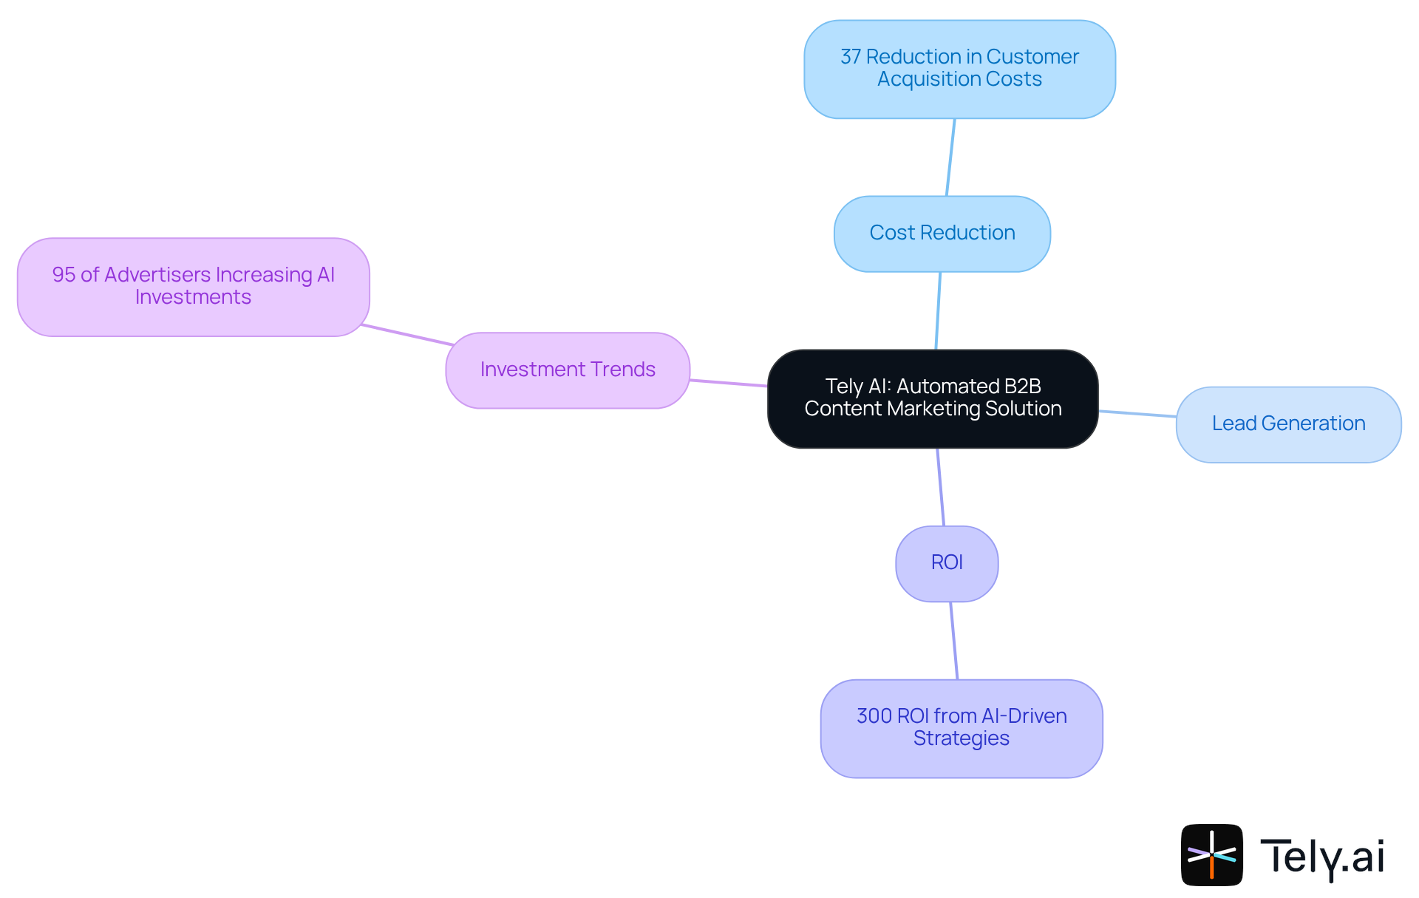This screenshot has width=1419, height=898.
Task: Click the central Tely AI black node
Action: coord(933,398)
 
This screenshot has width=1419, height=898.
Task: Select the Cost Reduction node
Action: coord(942,234)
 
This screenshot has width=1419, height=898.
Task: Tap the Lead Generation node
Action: coord(1288,424)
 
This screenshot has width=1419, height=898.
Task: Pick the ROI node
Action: coord(947,563)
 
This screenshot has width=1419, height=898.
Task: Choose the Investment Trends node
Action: coord(568,370)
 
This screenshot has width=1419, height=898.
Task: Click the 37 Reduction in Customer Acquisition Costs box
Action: coord(959,69)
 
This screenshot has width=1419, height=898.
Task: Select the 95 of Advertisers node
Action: coord(193,287)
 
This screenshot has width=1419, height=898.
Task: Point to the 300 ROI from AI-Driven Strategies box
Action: coord(961,728)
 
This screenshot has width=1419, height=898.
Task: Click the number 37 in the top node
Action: coord(851,57)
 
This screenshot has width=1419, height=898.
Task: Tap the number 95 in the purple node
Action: coord(64,275)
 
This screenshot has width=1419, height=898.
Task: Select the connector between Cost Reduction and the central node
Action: coord(938,310)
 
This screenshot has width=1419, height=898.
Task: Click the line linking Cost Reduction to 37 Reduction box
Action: coord(950,157)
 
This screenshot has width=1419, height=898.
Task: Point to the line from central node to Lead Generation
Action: coord(1137,414)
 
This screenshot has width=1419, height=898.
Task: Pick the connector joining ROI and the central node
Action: coord(941,487)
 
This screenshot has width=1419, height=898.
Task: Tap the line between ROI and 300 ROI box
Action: coord(954,641)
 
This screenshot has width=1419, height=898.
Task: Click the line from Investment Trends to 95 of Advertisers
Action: coord(407,335)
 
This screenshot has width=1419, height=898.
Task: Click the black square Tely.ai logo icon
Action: coord(1211,854)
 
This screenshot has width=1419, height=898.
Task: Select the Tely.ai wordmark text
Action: coord(1322,856)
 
